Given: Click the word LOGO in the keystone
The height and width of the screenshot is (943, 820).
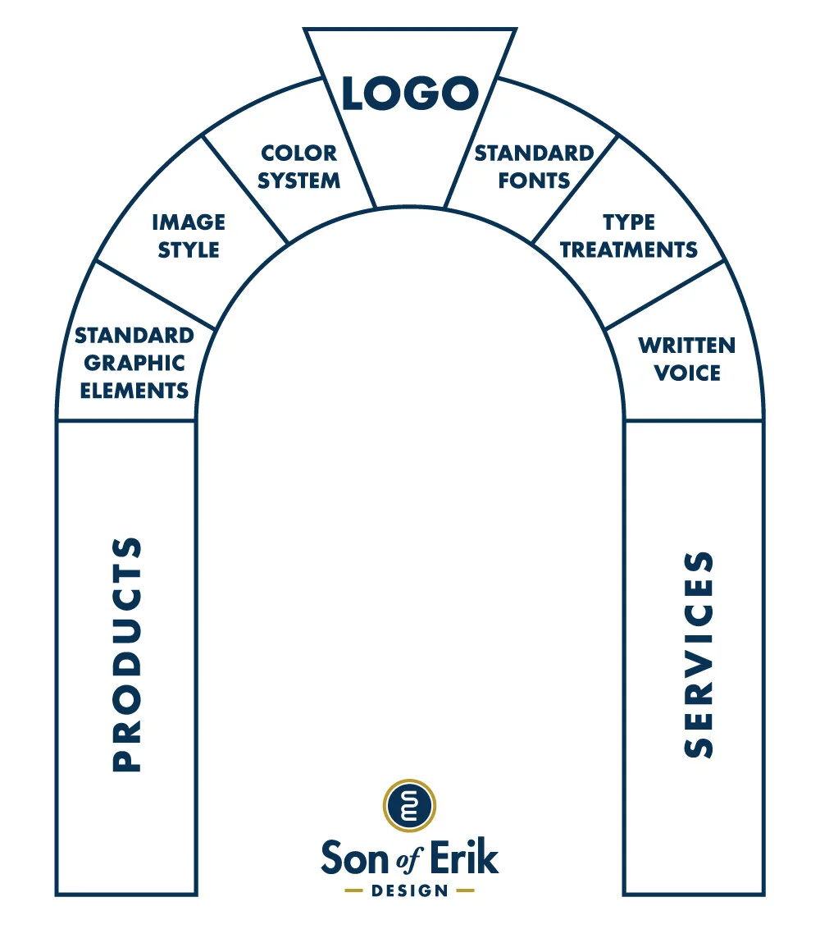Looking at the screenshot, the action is pyautogui.click(x=409, y=94).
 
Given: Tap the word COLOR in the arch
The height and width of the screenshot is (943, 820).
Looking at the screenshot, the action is pyautogui.click(x=298, y=153).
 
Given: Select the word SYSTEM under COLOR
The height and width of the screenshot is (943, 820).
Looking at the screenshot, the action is pyautogui.click(x=298, y=181).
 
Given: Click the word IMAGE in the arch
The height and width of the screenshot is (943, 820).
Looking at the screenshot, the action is pyautogui.click(x=188, y=222).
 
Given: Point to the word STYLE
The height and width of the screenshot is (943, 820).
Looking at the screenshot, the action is pyautogui.click(x=188, y=249).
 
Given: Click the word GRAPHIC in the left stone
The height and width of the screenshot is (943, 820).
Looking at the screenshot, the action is pyautogui.click(x=134, y=363).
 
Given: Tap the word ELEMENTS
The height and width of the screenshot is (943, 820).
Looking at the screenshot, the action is pyautogui.click(x=134, y=390).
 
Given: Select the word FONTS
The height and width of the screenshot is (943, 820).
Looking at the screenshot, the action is pyautogui.click(x=534, y=181).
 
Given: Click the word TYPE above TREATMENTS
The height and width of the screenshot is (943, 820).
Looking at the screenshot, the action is pyautogui.click(x=628, y=222).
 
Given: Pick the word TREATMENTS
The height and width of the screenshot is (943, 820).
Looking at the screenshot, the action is pyautogui.click(x=628, y=249).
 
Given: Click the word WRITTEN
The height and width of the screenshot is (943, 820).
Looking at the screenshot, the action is pyautogui.click(x=686, y=345).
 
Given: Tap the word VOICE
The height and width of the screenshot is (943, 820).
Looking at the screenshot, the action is pyautogui.click(x=686, y=373).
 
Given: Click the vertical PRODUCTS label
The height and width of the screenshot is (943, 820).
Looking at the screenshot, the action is pyautogui.click(x=126, y=654).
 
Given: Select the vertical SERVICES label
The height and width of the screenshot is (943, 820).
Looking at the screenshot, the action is pyautogui.click(x=699, y=654).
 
